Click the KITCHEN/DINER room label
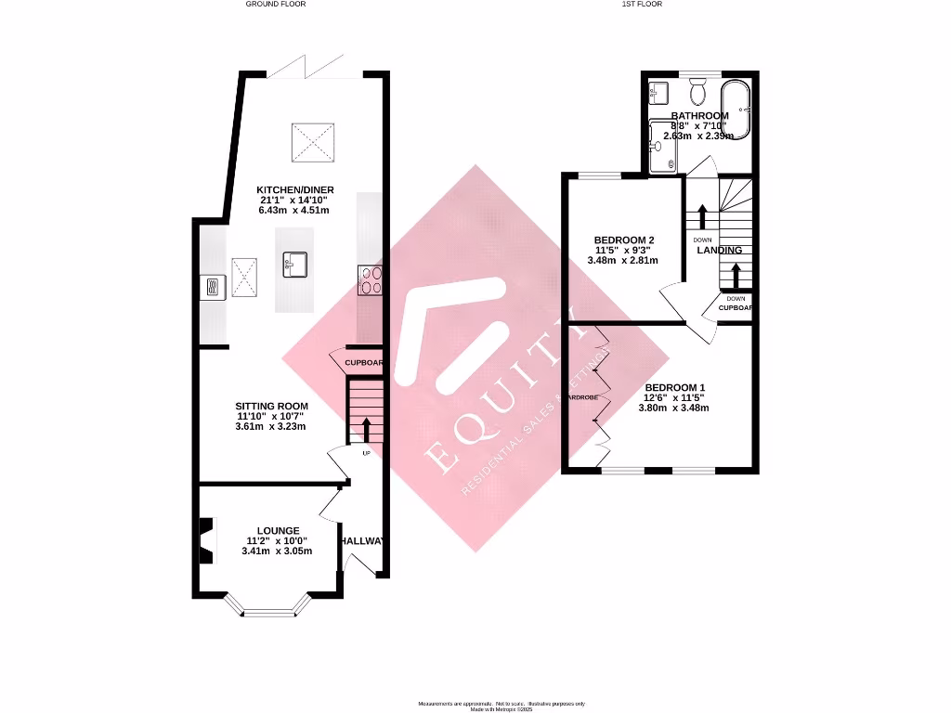[x=295, y=189]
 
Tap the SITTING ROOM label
[x=272, y=407]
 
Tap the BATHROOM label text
[x=699, y=116]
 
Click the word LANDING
[x=720, y=250]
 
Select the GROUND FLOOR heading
[x=275, y=4]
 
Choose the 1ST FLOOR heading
[x=642, y=4]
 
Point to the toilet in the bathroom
[x=699, y=92]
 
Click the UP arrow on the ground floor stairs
[x=365, y=429]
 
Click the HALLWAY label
[x=362, y=541]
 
